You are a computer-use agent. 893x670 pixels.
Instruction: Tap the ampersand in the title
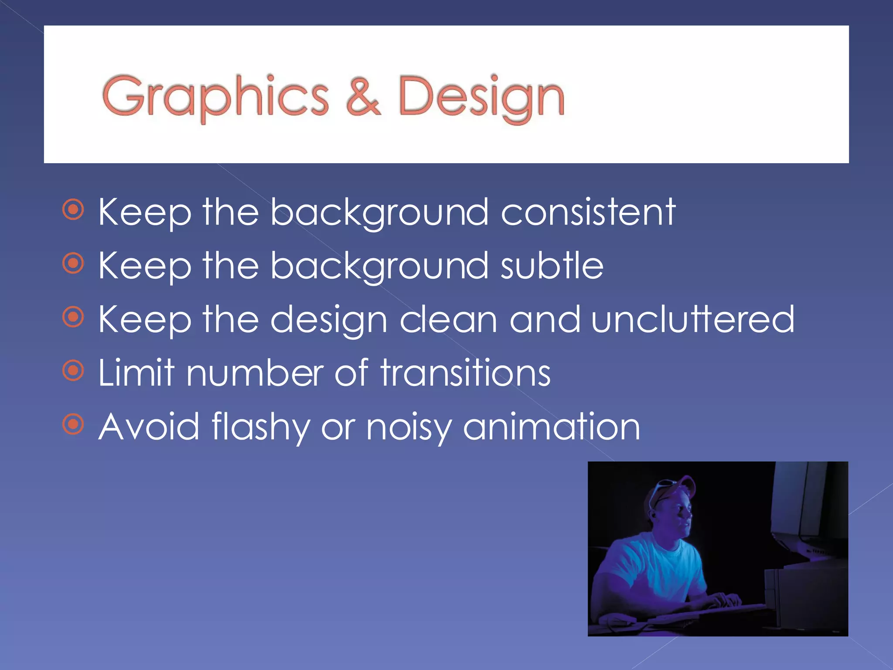coord(363,97)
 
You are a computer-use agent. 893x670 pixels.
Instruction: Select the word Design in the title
coord(481,97)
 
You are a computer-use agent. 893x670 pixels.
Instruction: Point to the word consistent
coord(588,212)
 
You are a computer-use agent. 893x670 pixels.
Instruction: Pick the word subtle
coord(552,266)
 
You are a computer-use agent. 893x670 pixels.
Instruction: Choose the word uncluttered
coord(693,320)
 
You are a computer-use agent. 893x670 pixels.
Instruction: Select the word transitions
coord(465,373)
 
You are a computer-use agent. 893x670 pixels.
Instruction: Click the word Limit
coord(136,373)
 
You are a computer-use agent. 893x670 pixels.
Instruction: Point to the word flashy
coord(261,427)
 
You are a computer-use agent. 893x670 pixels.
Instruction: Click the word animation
coord(552,427)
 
